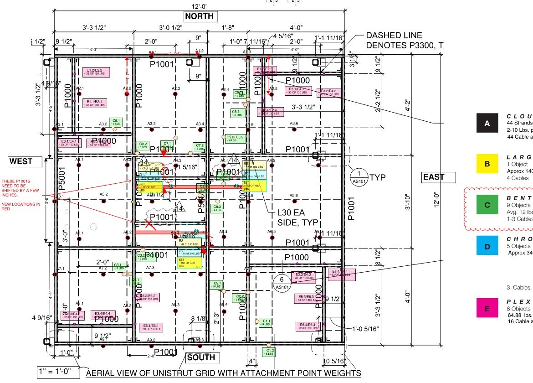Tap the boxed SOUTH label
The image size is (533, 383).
pyautogui.click(x=200, y=357)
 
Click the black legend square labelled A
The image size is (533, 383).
pyautogui.click(x=487, y=124)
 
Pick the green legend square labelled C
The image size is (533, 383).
pyautogui.click(x=487, y=205)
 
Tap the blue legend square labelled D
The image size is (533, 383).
pyautogui.click(x=487, y=247)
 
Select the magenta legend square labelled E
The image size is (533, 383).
pyautogui.click(x=487, y=309)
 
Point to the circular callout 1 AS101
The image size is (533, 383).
pyautogui.click(x=359, y=177)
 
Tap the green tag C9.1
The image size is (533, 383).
pyautogui.click(x=116, y=122)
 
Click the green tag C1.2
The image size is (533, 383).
pyautogui.click(x=269, y=352)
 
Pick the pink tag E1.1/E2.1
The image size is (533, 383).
pyautogui.click(x=95, y=103)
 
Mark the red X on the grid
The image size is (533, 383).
pyautogui.click(x=149, y=223)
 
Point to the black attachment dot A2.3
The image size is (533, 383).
pyautogui.click(x=175, y=94)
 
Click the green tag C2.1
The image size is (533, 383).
pyautogui.click(x=216, y=285)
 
